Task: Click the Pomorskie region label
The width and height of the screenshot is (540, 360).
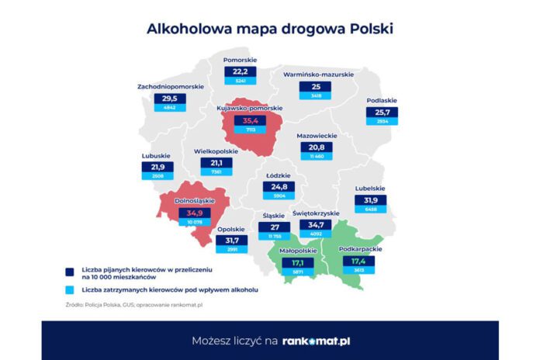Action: click(240, 60)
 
